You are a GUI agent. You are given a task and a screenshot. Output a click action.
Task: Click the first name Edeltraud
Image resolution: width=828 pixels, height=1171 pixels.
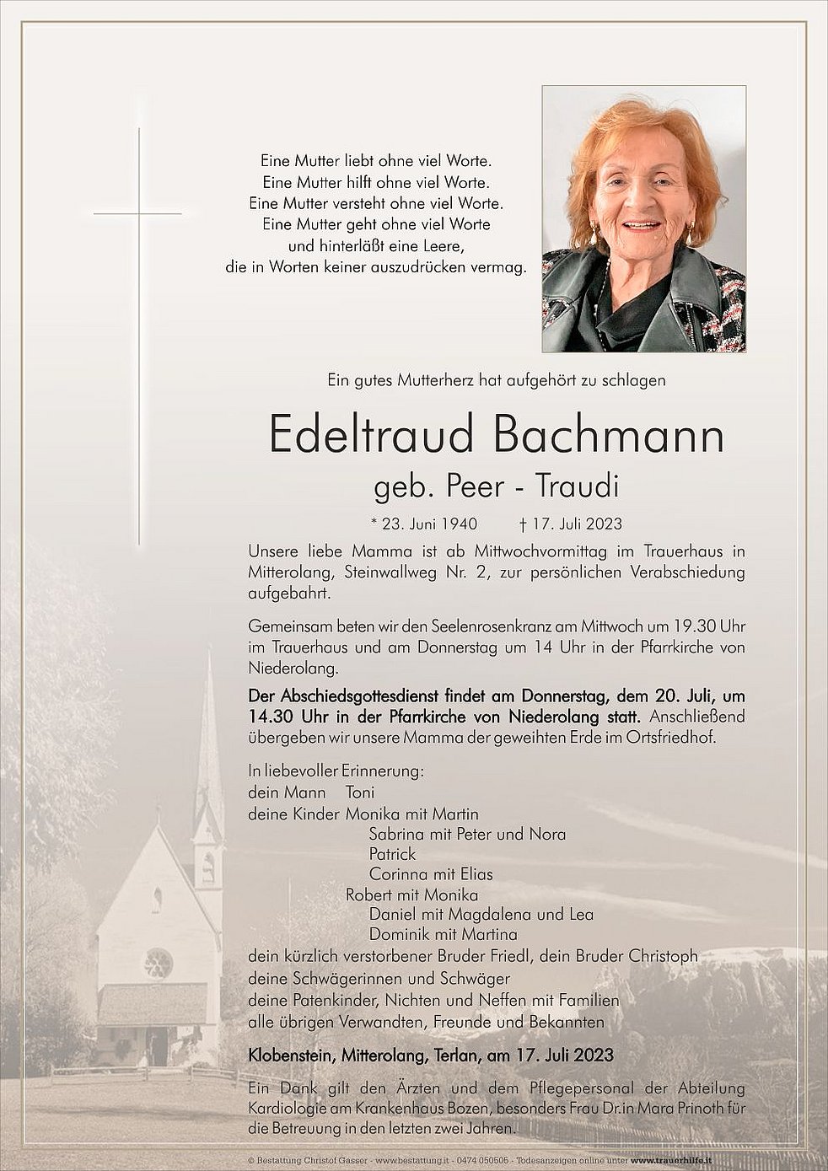point(371,435)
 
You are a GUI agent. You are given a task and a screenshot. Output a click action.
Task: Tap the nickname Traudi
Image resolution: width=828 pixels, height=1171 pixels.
point(582,487)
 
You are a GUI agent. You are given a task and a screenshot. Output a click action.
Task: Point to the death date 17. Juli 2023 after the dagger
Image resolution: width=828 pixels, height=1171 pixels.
point(575,524)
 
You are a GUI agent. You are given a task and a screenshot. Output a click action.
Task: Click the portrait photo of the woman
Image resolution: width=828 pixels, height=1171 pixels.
point(643,219)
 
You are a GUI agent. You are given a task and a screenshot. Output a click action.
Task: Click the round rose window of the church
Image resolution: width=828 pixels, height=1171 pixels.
point(158,962)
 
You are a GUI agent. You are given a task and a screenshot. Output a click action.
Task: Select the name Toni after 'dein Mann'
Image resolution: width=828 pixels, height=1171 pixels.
point(360,792)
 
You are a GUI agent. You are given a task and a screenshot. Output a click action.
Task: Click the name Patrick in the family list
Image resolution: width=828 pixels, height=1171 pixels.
point(392,854)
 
